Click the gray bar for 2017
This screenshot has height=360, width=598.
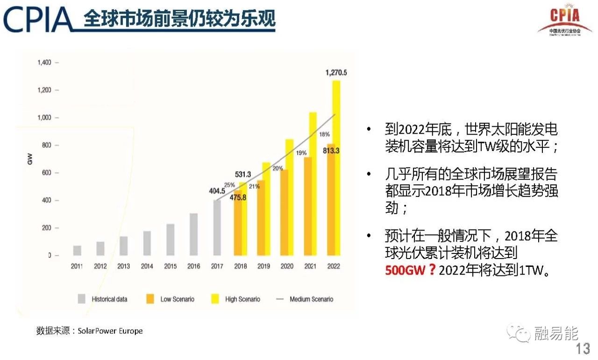click(x=217, y=228)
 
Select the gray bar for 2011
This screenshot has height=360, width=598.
click(x=77, y=251)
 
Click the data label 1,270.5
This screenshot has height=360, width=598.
click(x=336, y=72)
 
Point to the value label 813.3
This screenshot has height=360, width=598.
click(x=331, y=151)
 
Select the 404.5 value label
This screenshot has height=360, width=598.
click(x=217, y=191)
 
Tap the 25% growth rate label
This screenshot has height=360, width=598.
click(x=229, y=185)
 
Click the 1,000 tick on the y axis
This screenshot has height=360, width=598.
click(x=44, y=117)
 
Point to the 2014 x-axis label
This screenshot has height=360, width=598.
click(x=147, y=266)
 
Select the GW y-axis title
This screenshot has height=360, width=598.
click(x=30, y=159)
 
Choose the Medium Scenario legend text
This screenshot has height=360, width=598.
click(x=311, y=299)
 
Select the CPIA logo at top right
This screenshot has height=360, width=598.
click(x=564, y=20)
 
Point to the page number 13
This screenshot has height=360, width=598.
click(x=583, y=349)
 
